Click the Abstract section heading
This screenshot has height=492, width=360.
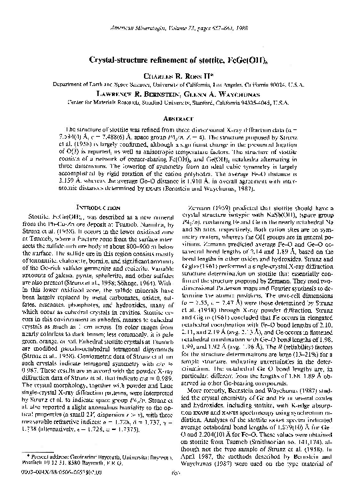pyautogui.click(x=180, y=117)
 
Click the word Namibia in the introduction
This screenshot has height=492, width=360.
pyautogui.click(x=148, y=208)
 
